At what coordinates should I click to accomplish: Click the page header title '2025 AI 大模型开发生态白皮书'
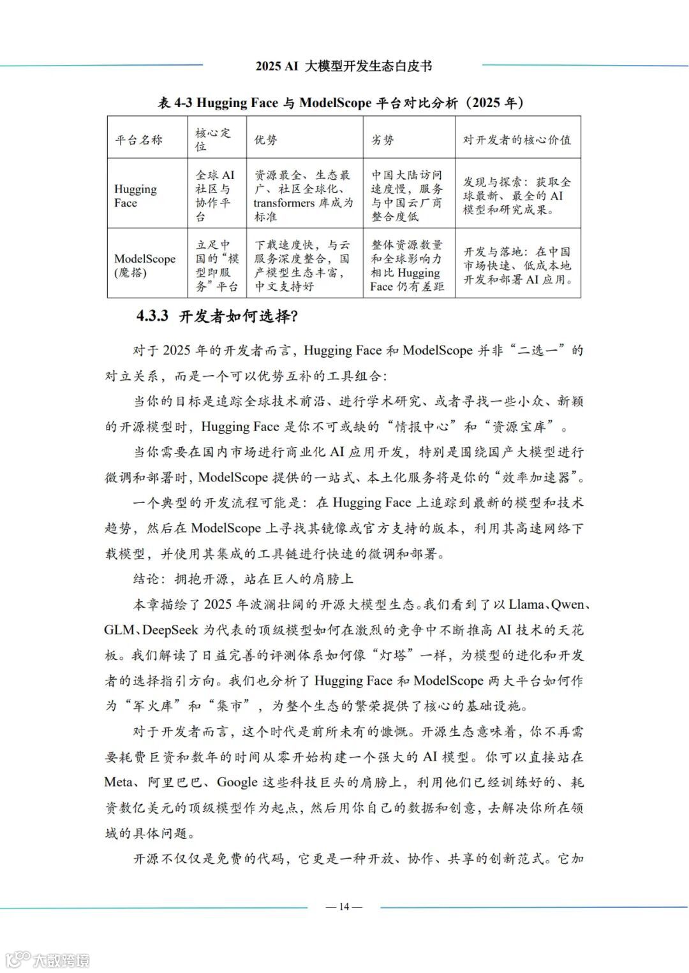pyautogui.click(x=343, y=66)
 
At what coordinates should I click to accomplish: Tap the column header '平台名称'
pyautogui.click(x=139, y=140)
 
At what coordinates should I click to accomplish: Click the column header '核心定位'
pyautogui.click(x=213, y=139)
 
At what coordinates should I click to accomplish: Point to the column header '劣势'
pyautogui.click(x=383, y=140)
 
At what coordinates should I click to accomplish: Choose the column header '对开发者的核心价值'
pyautogui.click(x=517, y=140)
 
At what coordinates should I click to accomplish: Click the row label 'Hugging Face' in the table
pyautogui.click(x=135, y=196)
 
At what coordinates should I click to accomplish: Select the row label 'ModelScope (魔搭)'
pyautogui.click(x=144, y=265)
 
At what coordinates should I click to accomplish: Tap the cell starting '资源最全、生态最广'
pyautogui.click(x=303, y=196)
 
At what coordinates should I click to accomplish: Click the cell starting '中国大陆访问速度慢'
pyautogui.click(x=407, y=196)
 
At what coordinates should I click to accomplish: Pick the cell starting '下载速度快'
pyautogui.click(x=303, y=265)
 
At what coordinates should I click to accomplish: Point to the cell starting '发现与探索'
pyautogui.click(x=517, y=196)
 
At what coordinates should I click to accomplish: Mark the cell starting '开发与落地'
pyautogui.click(x=517, y=265)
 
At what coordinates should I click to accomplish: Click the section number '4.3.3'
pyautogui.click(x=152, y=316)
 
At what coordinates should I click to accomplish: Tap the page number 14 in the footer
pyautogui.click(x=344, y=907)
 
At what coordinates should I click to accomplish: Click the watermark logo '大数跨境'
pyautogui.click(x=48, y=959)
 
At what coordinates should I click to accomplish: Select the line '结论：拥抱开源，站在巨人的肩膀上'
pyautogui.click(x=243, y=579)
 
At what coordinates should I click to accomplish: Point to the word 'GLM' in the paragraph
pyautogui.click(x=119, y=630)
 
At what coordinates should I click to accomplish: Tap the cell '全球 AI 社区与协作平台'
pyautogui.click(x=216, y=196)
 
